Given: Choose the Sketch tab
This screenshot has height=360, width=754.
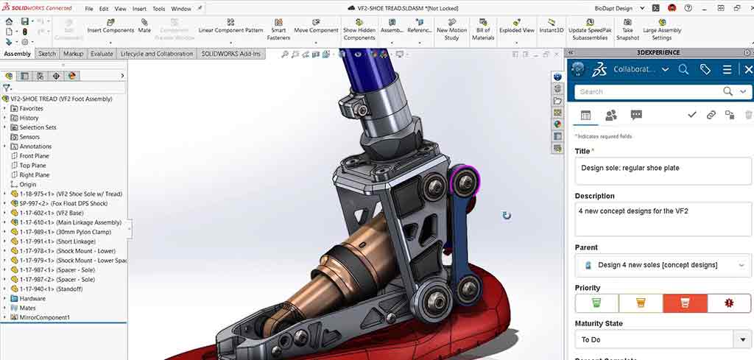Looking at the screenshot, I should tap(47, 54).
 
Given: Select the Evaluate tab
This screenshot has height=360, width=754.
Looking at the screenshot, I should tap(102, 54).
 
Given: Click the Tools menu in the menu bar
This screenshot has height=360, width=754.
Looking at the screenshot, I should tap(158, 9).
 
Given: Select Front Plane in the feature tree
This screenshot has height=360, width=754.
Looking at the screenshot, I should tap(34, 156).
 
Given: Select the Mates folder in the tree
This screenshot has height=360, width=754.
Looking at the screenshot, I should tap(29, 308).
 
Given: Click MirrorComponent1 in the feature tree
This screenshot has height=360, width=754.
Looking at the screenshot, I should tap(45, 317).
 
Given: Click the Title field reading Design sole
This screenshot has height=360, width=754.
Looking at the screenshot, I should tap(663, 169).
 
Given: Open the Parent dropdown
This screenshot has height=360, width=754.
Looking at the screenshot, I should tap(663, 265).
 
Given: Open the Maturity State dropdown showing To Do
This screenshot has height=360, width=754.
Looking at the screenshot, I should tap(663, 339).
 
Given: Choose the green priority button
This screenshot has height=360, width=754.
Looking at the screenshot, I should tap(596, 303).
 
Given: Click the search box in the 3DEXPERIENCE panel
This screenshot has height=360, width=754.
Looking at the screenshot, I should tap(648, 91).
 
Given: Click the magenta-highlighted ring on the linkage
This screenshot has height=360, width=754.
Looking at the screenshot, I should tap(465, 180).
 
